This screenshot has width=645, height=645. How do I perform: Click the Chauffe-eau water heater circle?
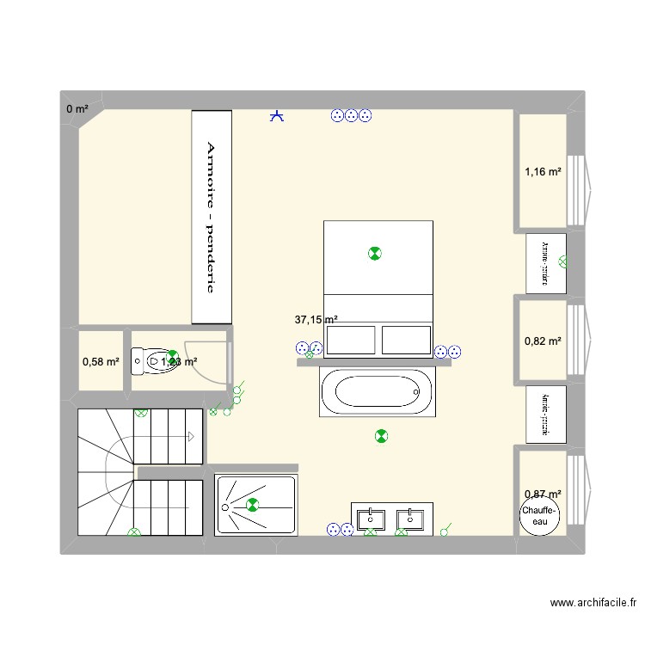click(x=539, y=516)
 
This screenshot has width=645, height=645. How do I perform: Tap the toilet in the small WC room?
click(x=147, y=360)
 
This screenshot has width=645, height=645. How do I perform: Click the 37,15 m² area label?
click(x=316, y=319)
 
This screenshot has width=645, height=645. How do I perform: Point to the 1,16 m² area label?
click(x=543, y=172)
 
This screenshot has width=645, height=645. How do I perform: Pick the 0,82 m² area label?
click(x=543, y=341)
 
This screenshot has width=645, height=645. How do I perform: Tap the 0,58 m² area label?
click(x=101, y=361)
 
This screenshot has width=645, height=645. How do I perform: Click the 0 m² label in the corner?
click(x=77, y=108)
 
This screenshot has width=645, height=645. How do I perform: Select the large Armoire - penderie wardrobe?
click(x=212, y=218)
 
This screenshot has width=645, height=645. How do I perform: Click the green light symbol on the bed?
click(x=374, y=253)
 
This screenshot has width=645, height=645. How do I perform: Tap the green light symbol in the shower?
click(x=252, y=506)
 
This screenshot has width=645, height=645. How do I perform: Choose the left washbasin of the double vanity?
click(x=371, y=519)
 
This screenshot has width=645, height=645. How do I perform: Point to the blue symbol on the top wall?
click(x=277, y=115)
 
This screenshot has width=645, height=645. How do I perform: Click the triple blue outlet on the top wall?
click(x=351, y=115)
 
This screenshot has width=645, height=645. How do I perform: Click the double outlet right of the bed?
click(x=447, y=351)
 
